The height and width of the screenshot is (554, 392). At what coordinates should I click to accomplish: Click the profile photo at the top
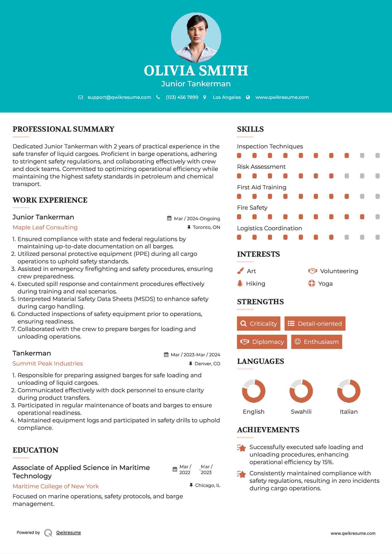pyautogui.click(x=196, y=37)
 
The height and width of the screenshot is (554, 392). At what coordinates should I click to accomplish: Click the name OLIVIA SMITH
pyautogui.click(x=196, y=71)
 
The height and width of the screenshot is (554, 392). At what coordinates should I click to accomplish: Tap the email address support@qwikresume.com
pyautogui.click(x=119, y=97)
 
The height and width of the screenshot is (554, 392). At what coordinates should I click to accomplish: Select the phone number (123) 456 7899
pyautogui.click(x=182, y=97)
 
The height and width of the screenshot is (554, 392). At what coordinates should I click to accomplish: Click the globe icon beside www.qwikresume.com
pyautogui.click(x=248, y=97)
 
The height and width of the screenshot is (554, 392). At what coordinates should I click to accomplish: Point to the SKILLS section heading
pyautogui.click(x=250, y=129)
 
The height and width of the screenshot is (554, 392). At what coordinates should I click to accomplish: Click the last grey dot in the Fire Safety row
pyautogui.click(x=378, y=217)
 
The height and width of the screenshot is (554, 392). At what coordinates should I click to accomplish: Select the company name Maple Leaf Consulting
pyautogui.click(x=45, y=227)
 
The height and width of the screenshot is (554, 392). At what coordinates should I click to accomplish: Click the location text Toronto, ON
pyautogui.click(x=206, y=227)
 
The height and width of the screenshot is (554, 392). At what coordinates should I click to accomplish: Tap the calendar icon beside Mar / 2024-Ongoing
pyautogui.click(x=169, y=218)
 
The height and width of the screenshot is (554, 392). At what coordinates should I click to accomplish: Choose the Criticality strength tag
pyautogui.click(x=259, y=323)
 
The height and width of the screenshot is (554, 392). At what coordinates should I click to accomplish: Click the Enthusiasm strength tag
pyautogui.click(x=316, y=342)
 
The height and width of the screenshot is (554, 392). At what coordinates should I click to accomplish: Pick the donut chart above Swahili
pyautogui.click(x=301, y=391)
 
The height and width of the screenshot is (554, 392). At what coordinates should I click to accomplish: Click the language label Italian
pyautogui.click(x=349, y=411)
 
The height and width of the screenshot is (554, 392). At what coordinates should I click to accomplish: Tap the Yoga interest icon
pyautogui.click(x=311, y=283)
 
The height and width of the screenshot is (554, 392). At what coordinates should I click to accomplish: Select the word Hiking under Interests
pyautogui.click(x=255, y=283)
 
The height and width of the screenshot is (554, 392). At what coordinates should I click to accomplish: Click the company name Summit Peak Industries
pyautogui.click(x=48, y=364)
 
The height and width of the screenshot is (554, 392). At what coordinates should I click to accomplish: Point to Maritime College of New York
pyautogui.click(x=56, y=486)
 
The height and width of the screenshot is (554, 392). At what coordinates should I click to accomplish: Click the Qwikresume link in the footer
pyautogui.click(x=69, y=533)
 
